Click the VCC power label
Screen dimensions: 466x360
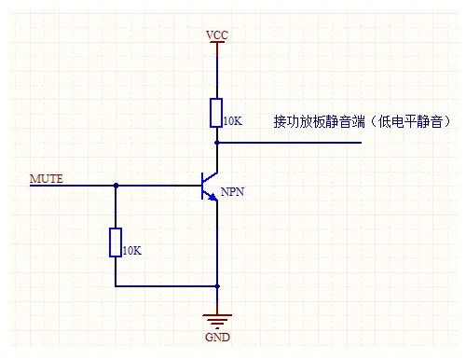coord(217,35)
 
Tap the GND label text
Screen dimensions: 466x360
coord(217,337)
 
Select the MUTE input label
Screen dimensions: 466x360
coord(47,179)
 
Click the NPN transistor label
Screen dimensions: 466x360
coord(232,192)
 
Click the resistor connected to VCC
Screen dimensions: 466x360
coord(216,113)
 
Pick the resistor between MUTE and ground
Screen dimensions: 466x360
coord(116,242)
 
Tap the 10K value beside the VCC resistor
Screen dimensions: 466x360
coord(233,121)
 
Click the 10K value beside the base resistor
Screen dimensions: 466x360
coord(132,251)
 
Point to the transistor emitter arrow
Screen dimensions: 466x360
coord(213,197)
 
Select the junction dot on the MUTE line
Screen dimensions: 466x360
coord(116,186)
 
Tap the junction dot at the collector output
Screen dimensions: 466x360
coord(217,143)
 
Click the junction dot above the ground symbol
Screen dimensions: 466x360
coord(217,286)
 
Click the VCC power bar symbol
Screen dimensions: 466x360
coord(217,42)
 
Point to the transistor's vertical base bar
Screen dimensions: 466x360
coord(202,187)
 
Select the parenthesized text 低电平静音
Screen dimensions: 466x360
coord(410,121)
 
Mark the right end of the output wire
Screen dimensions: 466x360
coord(362,143)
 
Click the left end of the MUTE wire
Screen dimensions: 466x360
coord(30,186)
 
